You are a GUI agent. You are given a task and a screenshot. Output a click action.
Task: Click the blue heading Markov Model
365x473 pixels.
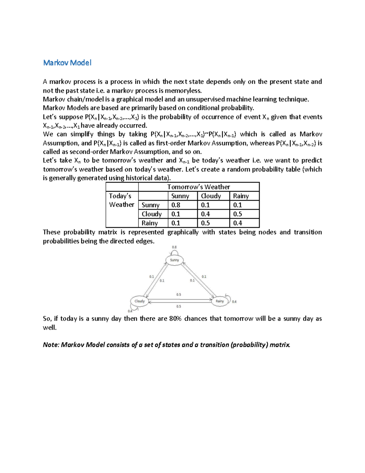[67, 63]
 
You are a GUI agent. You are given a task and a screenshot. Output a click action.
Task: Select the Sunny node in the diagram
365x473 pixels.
[174, 260]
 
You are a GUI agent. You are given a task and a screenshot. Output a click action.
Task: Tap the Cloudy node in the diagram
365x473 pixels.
[139, 301]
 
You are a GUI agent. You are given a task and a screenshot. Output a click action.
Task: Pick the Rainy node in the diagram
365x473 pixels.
[220, 301]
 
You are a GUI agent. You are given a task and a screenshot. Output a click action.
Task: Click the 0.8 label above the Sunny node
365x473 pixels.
[174, 247]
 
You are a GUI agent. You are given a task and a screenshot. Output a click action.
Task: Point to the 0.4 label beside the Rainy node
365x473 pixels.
[234, 302]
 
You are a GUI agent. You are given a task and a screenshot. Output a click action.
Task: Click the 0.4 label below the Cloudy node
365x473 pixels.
[130, 311]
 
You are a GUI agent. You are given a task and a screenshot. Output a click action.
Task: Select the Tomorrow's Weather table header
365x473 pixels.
[198, 187]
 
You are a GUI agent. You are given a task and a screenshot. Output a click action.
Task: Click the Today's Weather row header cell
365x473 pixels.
[122, 200]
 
